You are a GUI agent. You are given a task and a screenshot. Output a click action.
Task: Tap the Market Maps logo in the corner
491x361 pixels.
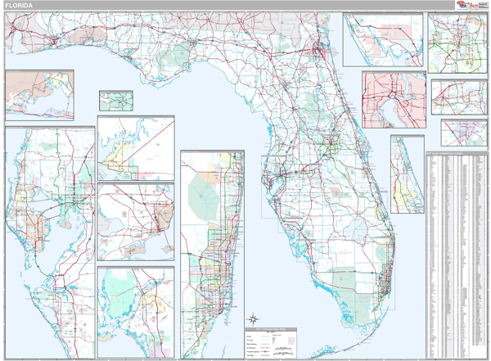[x=470, y=5]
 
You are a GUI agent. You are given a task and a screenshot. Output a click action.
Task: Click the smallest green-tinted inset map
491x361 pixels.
[x=116, y=100]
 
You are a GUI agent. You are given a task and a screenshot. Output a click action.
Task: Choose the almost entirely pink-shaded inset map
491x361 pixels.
[x=394, y=98]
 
